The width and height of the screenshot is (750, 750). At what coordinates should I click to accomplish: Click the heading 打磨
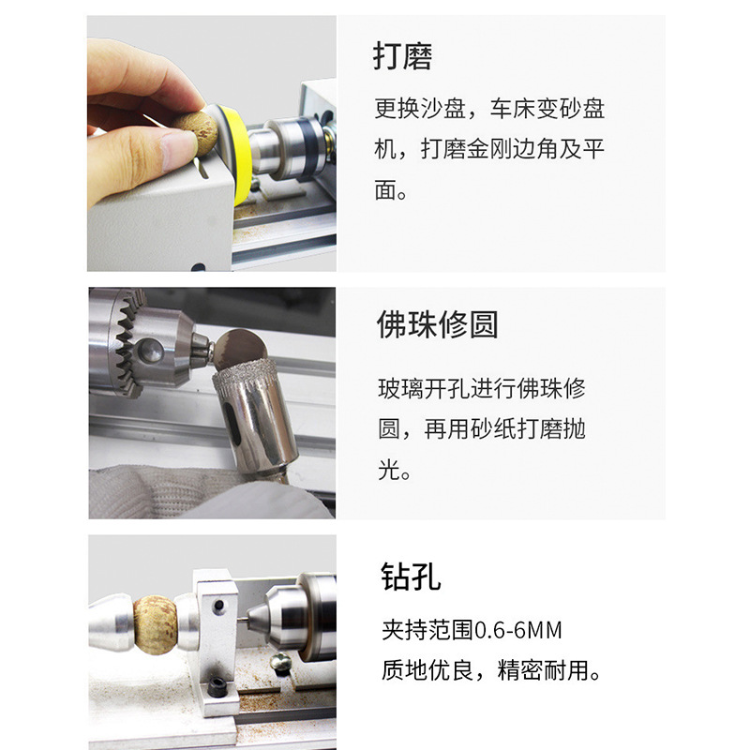point(403,57)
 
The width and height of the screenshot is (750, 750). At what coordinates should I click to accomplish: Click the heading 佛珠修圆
point(436,324)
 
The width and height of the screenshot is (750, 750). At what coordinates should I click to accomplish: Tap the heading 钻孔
point(411,577)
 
